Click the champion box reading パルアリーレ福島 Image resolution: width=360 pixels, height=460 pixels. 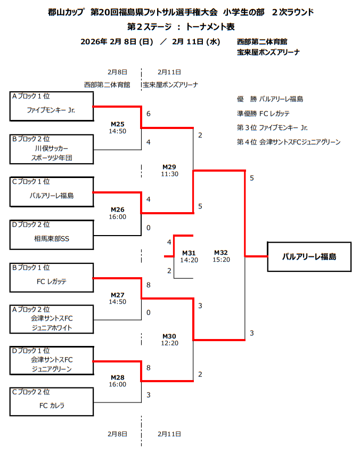[309, 257]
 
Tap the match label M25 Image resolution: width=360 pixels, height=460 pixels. [117, 124]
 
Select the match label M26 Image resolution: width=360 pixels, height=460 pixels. [117, 209]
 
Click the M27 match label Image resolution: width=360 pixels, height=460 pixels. [117, 295]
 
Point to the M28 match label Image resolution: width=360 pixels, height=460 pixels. [117, 377]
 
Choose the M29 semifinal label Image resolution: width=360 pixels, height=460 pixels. [169, 167]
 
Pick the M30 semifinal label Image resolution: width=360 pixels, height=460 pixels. [169, 336]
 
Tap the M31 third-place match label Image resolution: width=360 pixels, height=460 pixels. [189, 253]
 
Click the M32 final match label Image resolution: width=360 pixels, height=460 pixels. [221, 252]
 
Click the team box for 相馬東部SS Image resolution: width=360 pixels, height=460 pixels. [52, 235]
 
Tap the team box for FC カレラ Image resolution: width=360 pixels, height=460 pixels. [52, 402]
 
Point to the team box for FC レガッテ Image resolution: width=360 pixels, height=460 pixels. [52, 277]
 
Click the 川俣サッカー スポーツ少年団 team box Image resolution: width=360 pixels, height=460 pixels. [52, 149]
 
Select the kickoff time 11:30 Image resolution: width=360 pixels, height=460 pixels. [169, 174]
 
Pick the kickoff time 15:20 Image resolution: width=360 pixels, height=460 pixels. [221, 260]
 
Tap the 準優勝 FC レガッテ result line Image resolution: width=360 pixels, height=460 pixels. [263, 113]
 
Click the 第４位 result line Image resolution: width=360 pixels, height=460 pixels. [288, 142]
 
